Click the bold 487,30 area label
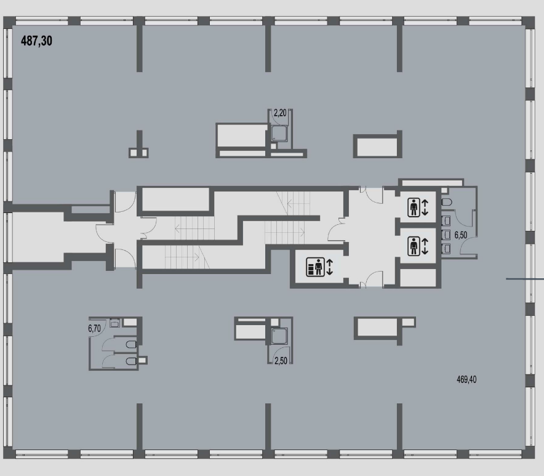pyautogui.click(x=36, y=41)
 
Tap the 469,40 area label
pyautogui.click(x=466, y=379)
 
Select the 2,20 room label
pyautogui.click(x=280, y=113)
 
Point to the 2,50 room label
pyautogui.click(x=281, y=361)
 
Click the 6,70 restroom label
pyautogui.click(x=94, y=328)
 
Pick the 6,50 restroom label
pyautogui.click(x=461, y=235)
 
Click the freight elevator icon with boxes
pyautogui.click(x=315, y=267)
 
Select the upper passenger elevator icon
pyautogui.click(x=414, y=208)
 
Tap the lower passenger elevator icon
pyautogui.click(x=414, y=246)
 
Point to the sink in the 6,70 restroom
pyautogui.click(x=115, y=323)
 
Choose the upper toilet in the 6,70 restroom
pyautogui.click(x=131, y=345)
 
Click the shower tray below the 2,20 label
pyautogui.click(x=279, y=134)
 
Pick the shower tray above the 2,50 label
pyautogui.click(x=279, y=336)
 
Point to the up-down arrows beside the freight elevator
pyautogui.click(x=330, y=267)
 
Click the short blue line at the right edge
pyautogui.click(x=525, y=279)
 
